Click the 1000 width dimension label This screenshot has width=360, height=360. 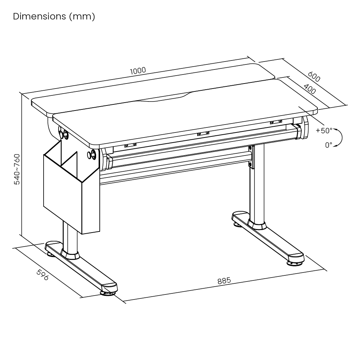pyautogui.click(x=138, y=71)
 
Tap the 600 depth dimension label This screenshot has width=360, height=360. pyautogui.click(x=314, y=76)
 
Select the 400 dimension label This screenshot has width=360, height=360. pyautogui.click(x=310, y=89)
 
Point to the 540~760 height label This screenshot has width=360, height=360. pyautogui.click(x=17, y=169)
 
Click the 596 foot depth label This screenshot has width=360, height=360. pyautogui.click(x=43, y=275)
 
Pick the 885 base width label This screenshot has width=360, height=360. pyautogui.click(x=224, y=280)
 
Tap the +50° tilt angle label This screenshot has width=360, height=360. pyautogui.click(x=324, y=130)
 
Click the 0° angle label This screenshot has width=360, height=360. pyautogui.click(x=329, y=145)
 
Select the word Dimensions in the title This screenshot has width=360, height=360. pyautogui.click(x=40, y=16)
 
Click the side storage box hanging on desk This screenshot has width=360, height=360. pyautogui.click(x=72, y=187)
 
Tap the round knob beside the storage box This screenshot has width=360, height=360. pyautogui.click(x=91, y=154)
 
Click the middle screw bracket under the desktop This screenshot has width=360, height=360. pyautogui.click(x=203, y=134)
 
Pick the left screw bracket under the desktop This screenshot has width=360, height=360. pyautogui.click(x=130, y=145)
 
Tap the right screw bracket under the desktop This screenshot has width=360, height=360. pyautogui.click(x=276, y=122)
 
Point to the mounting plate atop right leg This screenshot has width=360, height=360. pyautogui.click(x=252, y=157)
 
